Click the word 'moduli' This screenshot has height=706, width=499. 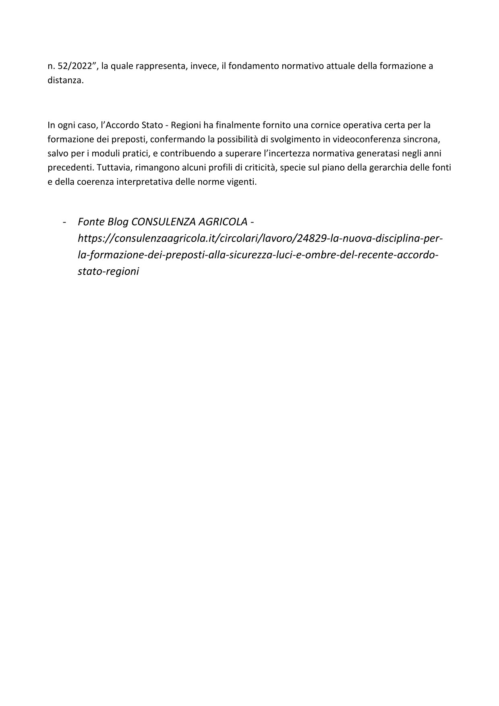pos(104,153)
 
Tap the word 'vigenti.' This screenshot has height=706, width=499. pos(242,182)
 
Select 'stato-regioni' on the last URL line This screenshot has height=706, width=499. pos(108,271)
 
